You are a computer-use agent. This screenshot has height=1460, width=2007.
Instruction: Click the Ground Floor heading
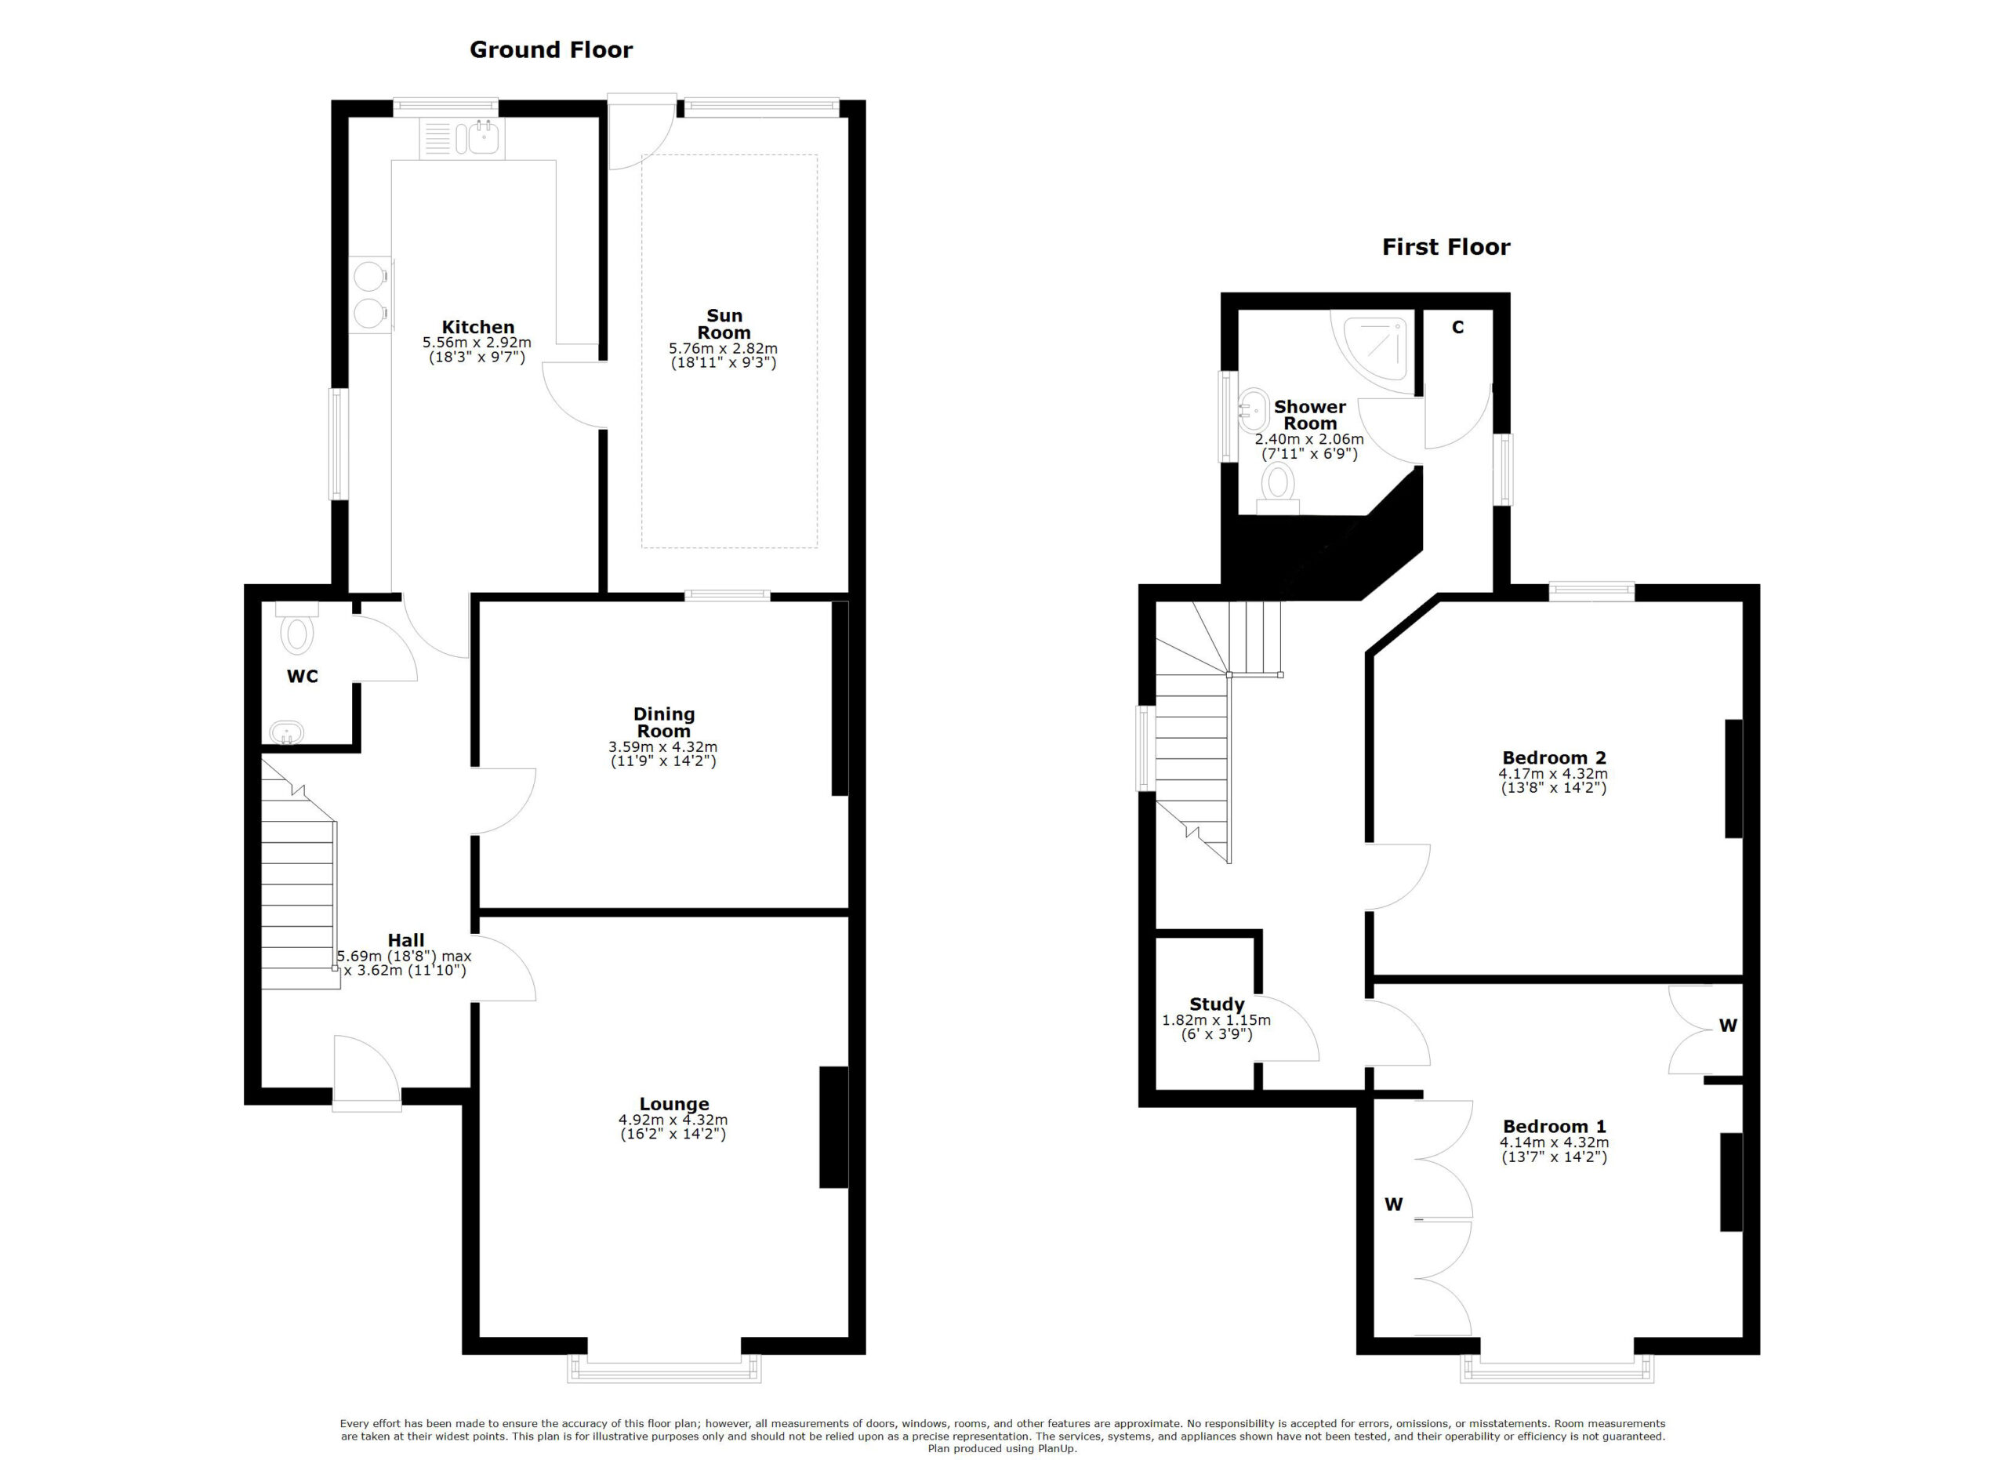pos(550,49)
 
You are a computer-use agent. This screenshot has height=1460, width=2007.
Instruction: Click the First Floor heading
pos(1445,247)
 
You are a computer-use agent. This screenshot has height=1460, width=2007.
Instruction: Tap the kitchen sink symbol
pos(484,138)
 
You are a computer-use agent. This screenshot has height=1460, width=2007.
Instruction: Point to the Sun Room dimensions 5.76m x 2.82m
pos(723,349)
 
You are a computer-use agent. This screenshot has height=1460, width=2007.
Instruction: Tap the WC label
pos(302,677)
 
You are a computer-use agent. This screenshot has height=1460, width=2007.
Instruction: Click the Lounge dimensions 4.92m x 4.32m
pos(673,1120)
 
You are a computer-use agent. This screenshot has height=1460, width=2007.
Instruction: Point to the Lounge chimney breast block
pos(833,1127)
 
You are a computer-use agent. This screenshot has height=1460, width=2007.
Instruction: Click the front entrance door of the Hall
pos(365,1073)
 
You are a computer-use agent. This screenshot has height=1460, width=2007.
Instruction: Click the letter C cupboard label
pos(1457,328)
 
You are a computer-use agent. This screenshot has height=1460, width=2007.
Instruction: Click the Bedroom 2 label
pos(1553,757)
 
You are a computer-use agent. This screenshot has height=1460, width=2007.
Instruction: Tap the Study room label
pos(1216,1004)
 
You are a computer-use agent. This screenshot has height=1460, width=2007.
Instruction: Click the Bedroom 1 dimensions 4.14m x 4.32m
pos(1553,1142)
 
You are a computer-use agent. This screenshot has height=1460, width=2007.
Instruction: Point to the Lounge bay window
pos(664,1371)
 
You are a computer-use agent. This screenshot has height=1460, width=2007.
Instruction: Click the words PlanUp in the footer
pos(1058,1448)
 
